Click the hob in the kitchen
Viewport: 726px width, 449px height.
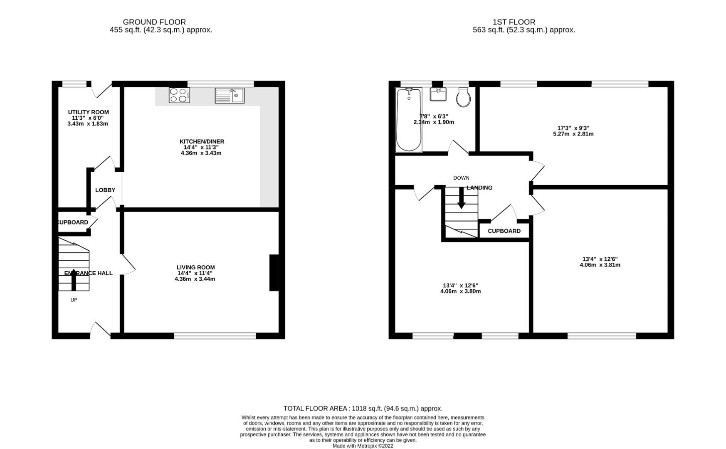coord(179,95)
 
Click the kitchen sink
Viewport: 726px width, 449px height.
coord(230,95)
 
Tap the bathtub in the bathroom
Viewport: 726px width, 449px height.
coord(409,120)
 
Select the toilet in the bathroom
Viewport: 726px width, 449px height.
coord(464,97)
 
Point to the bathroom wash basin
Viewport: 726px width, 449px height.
coord(438,94)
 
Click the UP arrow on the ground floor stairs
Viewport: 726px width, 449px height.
coord(74,280)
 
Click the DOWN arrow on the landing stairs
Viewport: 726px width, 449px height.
coord(461,198)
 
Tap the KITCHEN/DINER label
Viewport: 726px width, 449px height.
coord(202,142)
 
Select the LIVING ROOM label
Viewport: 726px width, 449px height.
coord(195,267)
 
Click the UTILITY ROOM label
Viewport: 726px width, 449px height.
coord(88,112)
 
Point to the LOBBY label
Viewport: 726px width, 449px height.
coord(105,190)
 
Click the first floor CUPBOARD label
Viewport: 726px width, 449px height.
coord(504,231)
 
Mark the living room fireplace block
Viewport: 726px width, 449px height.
coord(274,273)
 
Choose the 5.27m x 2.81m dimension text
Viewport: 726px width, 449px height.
coord(573,134)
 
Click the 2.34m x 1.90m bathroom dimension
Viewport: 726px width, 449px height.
coord(433,122)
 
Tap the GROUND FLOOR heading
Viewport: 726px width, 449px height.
coord(154,22)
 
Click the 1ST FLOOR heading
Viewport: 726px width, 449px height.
coord(514,22)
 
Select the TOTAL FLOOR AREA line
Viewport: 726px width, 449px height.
coord(363,408)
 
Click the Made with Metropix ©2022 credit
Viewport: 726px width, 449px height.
coord(363,446)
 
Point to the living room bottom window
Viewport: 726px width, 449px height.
coord(215,336)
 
